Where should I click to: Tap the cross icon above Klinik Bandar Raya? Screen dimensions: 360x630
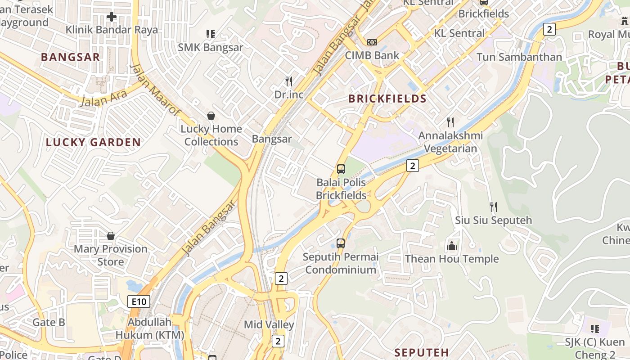(x=112, y=17)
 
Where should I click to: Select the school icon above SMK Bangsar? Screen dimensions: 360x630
(x=210, y=34)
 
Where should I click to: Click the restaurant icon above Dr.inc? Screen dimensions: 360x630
(x=289, y=81)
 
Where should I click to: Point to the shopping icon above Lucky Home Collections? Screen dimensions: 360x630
(x=211, y=116)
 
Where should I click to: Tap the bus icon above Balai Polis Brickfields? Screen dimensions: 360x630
(x=341, y=170)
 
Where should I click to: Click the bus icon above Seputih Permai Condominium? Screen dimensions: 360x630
(x=341, y=243)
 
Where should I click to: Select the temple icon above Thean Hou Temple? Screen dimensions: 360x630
(x=451, y=246)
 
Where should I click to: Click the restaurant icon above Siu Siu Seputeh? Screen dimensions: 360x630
(x=494, y=207)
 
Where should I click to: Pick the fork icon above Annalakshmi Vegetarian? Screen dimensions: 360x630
(x=450, y=122)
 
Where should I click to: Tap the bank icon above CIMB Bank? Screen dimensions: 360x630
(x=372, y=42)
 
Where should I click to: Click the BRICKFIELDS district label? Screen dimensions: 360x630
(x=387, y=99)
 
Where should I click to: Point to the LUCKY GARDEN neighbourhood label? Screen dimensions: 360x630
(x=93, y=143)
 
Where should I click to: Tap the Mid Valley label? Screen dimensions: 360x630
(x=269, y=324)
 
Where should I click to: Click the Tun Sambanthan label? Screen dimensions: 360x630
(x=519, y=57)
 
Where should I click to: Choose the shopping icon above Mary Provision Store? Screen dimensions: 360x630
(x=111, y=236)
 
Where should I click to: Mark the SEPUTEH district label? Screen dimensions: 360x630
(x=422, y=352)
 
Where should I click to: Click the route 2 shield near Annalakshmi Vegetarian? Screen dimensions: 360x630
(x=412, y=166)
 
